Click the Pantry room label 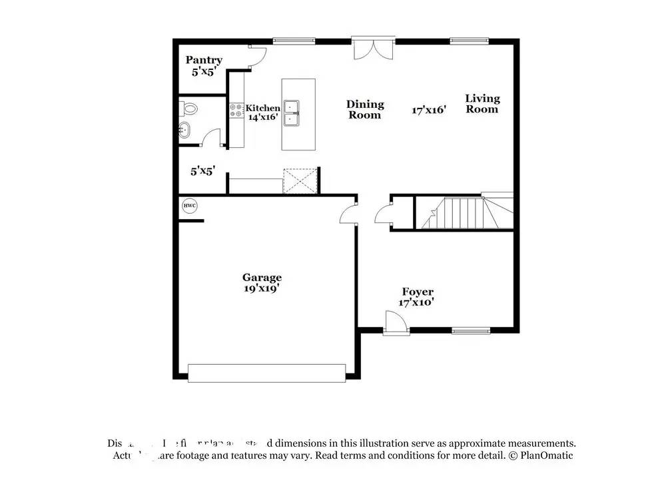tap(204, 65)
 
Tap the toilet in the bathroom tap(190, 108)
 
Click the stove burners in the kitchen tap(236, 111)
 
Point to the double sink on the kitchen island tap(292, 113)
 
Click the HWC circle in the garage tap(190, 206)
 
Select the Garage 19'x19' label tap(262, 282)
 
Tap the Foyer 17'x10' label tap(418, 297)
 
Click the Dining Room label tap(365, 109)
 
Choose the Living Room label tap(482, 104)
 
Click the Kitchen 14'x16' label tap(262, 113)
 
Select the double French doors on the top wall tap(374, 49)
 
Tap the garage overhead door tap(266, 373)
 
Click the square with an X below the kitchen tap(298, 180)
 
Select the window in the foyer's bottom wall tap(471, 330)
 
